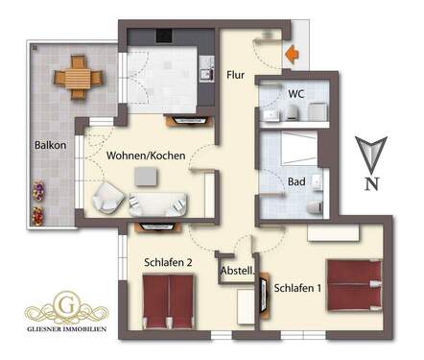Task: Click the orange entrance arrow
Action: pyautogui.click(x=292, y=55)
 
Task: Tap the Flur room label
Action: pyautogui.click(x=237, y=74)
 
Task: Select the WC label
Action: pyautogui.click(x=297, y=94)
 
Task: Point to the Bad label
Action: pyautogui.click(x=296, y=180)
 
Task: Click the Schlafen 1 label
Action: pyautogui.click(x=297, y=287)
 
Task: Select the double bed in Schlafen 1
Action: pyautogui.click(x=354, y=285)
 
